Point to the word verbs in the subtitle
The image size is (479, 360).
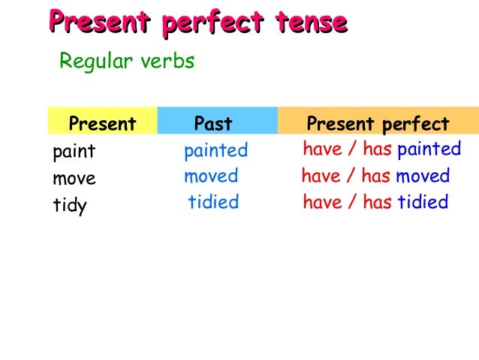coord(168,61)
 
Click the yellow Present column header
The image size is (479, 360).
coord(102,123)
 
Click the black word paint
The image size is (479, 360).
coord(74,152)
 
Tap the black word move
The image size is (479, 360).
coord(74,179)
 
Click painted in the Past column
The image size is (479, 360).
coord(215,150)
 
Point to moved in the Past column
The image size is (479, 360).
coord(211,177)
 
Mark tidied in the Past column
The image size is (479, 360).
coord(213,201)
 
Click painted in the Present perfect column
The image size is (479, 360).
coord(429,149)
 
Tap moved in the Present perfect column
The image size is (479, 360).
coord(423,177)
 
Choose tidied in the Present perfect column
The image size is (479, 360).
coord(423,201)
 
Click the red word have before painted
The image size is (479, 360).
coord(323,149)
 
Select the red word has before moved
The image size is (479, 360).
coord(375,177)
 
